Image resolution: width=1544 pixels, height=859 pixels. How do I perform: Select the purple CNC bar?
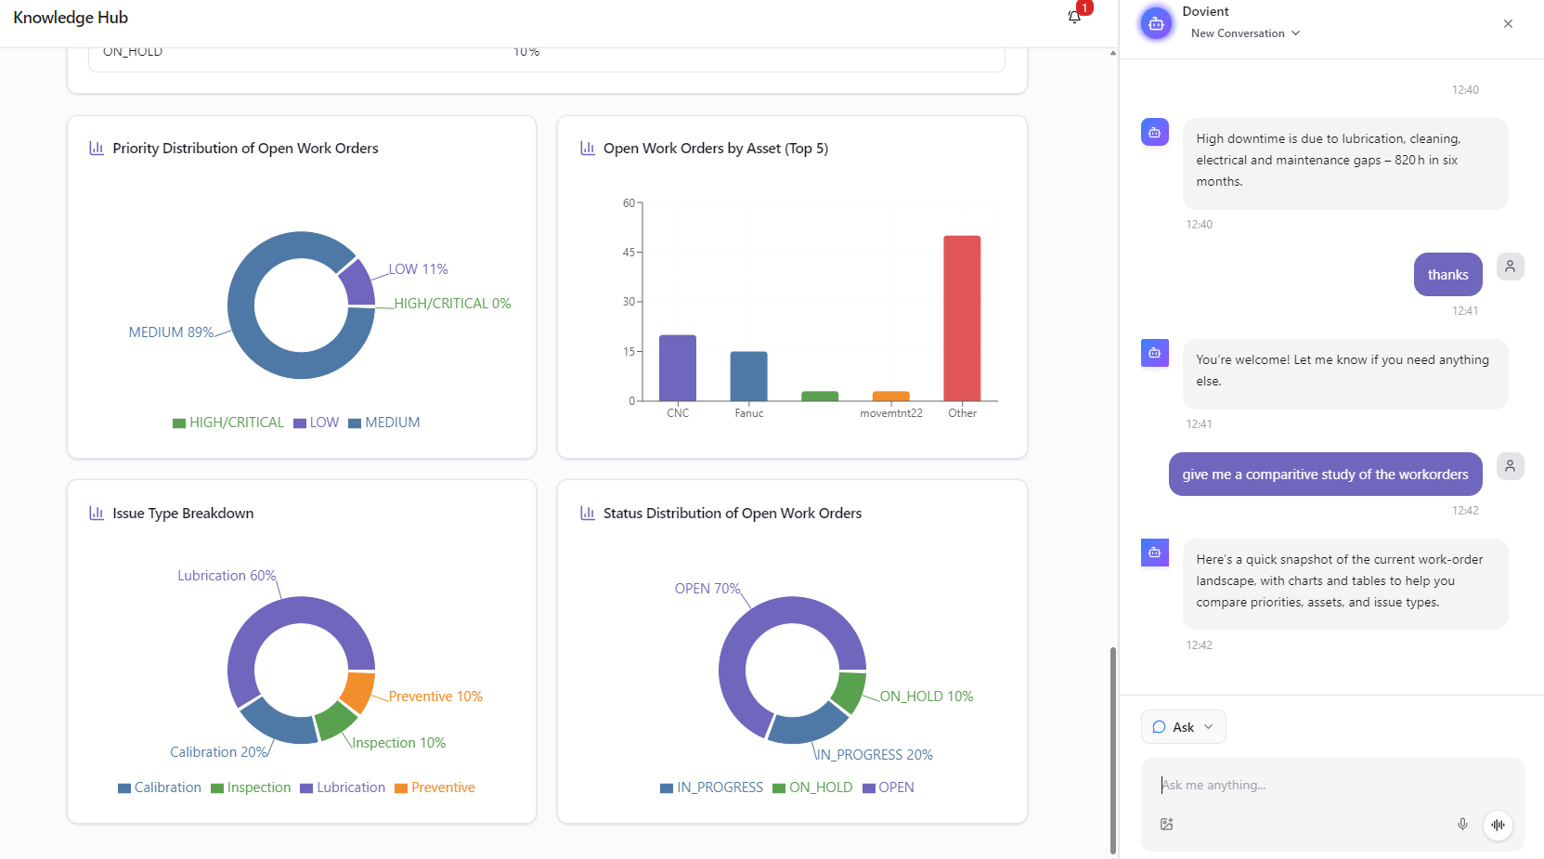point(677,368)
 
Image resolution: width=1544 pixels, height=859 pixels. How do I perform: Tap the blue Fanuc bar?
point(748,376)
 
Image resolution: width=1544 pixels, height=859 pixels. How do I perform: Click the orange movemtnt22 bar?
point(890,397)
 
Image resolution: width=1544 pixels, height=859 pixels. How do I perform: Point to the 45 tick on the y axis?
point(629,253)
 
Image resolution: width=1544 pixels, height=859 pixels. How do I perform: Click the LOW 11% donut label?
point(418,269)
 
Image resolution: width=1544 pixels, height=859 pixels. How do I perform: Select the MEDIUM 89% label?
point(171,332)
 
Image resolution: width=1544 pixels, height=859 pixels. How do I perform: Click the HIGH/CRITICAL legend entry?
point(228,423)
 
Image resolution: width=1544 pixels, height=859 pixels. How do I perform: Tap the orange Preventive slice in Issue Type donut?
point(357,691)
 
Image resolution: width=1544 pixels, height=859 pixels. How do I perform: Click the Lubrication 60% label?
point(227,576)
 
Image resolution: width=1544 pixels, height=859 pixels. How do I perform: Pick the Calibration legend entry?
point(160,787)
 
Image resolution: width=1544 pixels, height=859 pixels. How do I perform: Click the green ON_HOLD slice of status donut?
point(849,692)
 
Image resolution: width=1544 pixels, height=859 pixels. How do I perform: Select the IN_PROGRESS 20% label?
point(875,755)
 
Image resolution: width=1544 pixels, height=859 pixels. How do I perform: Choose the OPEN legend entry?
point(889,787)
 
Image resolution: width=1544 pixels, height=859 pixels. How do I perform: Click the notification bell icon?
point(1074,17)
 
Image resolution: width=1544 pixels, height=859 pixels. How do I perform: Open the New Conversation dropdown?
point(1245,33)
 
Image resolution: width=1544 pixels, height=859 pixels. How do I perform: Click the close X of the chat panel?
point(1508,24)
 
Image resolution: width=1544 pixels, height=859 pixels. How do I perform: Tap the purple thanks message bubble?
point(1447,275)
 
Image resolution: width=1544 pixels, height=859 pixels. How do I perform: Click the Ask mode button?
point(1183,727)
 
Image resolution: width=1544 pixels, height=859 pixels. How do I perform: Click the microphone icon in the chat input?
point(1462,825)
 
